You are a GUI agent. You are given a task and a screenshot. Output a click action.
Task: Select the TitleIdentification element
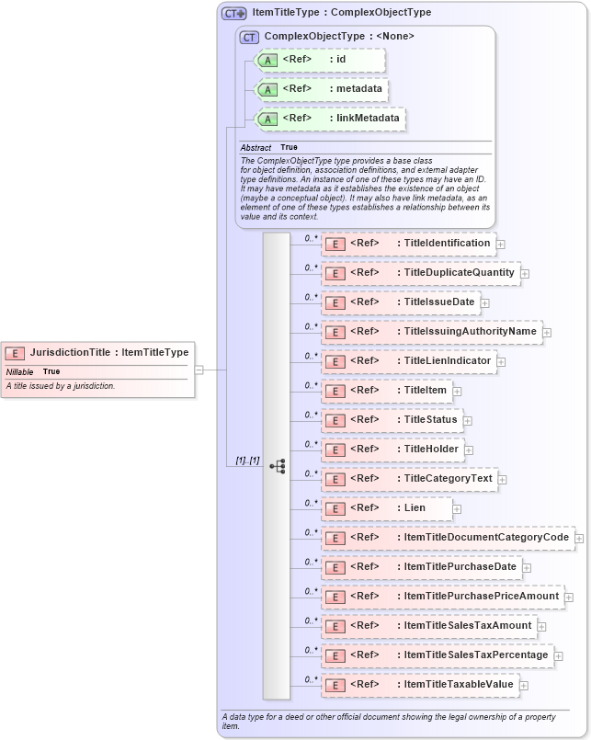408,244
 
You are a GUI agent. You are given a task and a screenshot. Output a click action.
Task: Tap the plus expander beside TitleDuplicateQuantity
525,273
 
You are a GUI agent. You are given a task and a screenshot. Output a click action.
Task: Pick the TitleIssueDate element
400,302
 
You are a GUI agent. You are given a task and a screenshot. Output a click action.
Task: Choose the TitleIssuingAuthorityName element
431,332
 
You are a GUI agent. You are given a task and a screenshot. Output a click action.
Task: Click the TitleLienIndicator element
409,361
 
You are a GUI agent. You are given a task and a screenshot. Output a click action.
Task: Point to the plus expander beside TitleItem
457,391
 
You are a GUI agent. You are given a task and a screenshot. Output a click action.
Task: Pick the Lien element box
386,508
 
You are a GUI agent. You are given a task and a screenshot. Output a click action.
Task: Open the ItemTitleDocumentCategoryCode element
448,538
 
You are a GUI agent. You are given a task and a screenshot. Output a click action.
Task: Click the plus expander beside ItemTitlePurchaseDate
527,567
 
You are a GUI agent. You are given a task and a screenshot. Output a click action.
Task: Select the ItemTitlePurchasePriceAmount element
442,597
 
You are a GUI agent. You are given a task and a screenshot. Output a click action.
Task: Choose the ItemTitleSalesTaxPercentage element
438,655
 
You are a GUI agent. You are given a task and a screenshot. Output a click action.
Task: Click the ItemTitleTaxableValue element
420,685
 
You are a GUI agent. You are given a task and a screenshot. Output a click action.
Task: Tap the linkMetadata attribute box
330,119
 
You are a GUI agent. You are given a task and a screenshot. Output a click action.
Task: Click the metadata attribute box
322,89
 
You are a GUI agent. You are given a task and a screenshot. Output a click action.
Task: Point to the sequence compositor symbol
277,466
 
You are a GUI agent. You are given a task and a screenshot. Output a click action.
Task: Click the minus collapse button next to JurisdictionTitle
199,370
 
